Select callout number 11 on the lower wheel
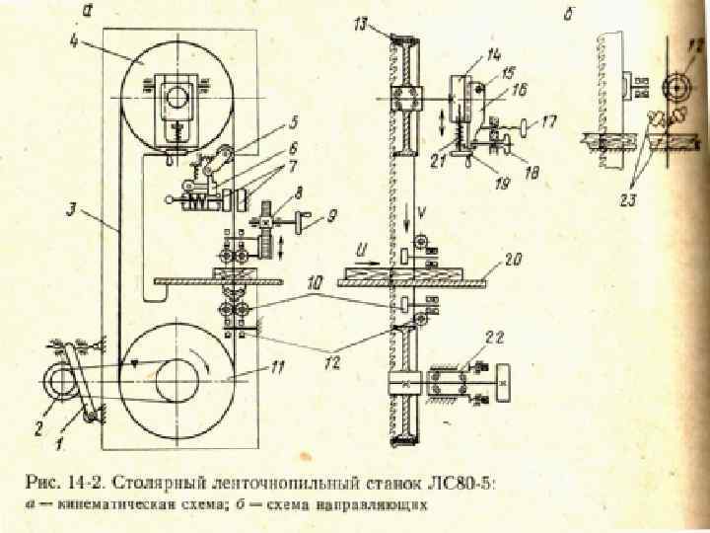[279, 368]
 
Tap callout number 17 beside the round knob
[549, 123]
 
